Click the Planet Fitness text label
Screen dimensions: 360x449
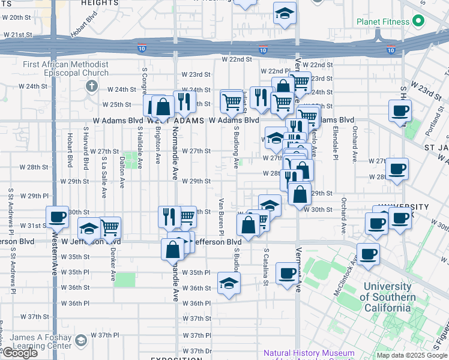coord(383,22)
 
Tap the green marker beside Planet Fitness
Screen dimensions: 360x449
coord(419,23)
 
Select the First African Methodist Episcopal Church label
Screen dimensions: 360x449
coord(65,69)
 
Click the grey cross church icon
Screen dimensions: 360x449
coord(91,85)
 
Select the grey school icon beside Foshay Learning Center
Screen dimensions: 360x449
coord(80,341)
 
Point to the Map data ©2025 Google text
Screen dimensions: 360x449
coord(411,355)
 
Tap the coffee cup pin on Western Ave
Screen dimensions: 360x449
coord(58,217)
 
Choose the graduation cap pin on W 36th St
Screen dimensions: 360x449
coord(228,283)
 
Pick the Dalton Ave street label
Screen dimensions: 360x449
coord(122,170)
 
